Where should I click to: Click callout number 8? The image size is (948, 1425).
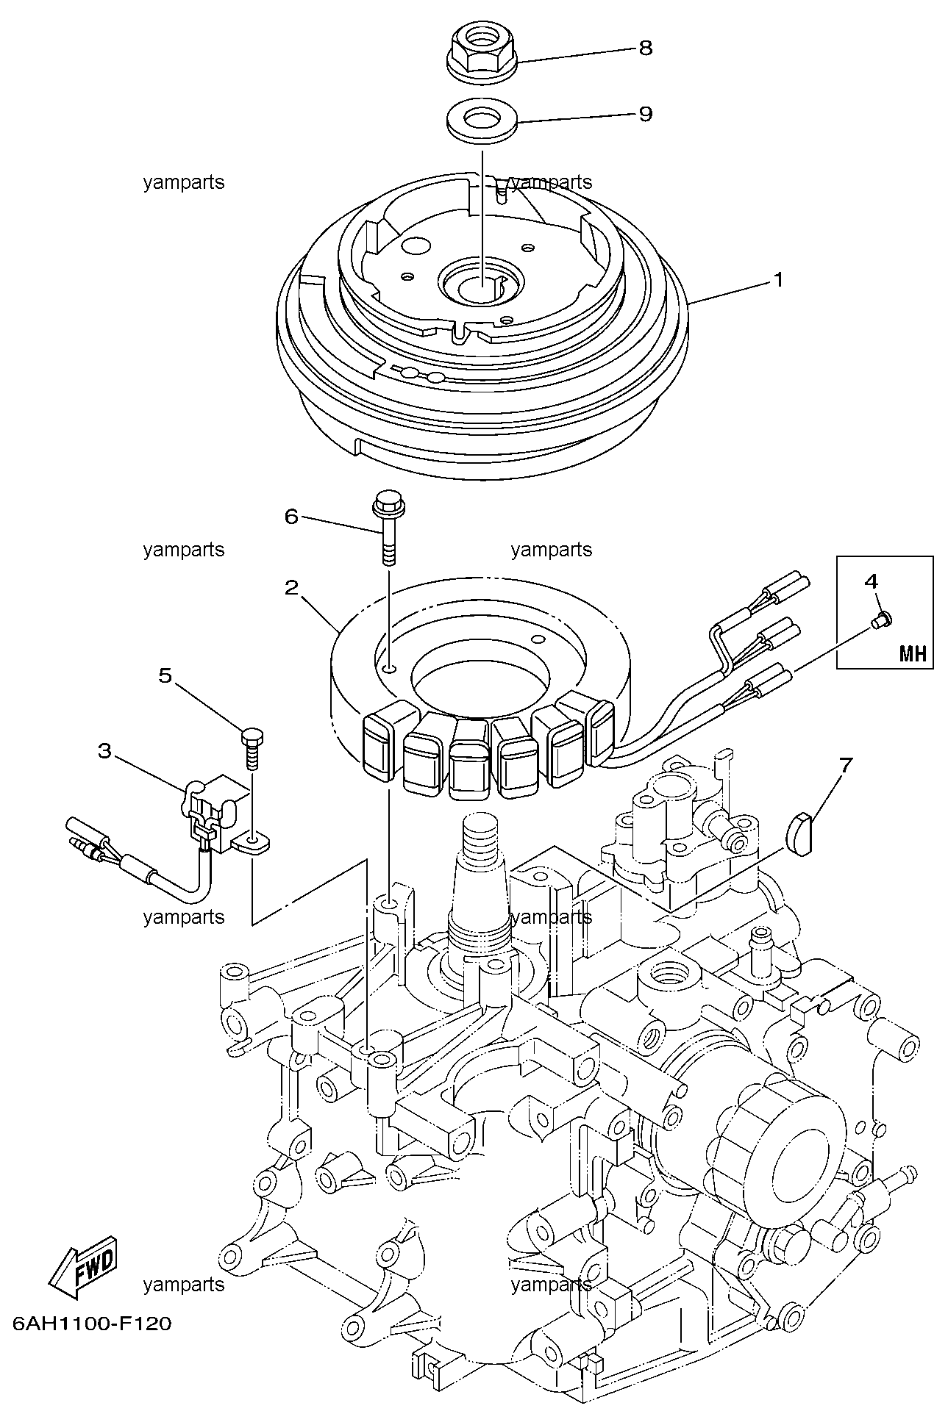(x=645, y=48)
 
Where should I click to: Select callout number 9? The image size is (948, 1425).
(x=645, y=114)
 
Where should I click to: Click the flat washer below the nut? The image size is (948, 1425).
(x=482, y=120)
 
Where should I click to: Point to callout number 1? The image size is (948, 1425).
(x=777, y=280)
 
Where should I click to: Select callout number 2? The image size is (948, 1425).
(x=292, y=587)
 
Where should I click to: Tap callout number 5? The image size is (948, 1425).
(x=166, y=675)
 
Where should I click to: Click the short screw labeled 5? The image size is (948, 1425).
(x=252, y=747)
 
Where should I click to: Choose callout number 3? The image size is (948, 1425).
(x=105, y=750)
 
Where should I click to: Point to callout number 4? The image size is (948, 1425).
(x=872, y=581)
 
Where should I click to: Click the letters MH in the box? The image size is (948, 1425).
(x=913, y=653)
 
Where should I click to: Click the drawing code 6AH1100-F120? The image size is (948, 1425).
(x=92, y=1324)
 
